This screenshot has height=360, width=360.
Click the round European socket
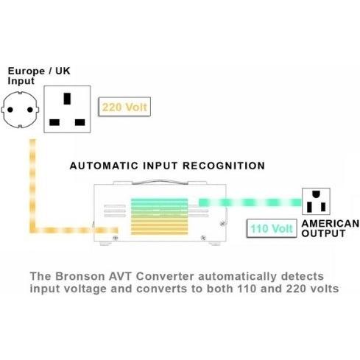point(20,110)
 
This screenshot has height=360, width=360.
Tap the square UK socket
point(67,109)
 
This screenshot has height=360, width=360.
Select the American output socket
point(316,201)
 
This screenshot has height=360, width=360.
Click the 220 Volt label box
point(124,107)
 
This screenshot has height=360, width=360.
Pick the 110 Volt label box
point(272,228)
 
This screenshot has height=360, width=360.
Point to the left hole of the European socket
point(10,110)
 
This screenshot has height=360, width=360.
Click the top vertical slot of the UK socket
point(67,99)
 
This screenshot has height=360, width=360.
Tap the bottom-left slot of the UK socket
point(54,122)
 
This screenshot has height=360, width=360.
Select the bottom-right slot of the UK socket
point(80,122)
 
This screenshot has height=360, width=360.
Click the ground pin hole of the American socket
point(316,194)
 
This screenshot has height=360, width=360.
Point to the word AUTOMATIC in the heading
point(104,166)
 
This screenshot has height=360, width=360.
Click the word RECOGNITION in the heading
point(224,166)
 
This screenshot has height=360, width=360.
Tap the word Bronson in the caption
point(80,276)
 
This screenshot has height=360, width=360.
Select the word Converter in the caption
point(165,276)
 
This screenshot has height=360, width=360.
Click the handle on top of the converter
point(160,182)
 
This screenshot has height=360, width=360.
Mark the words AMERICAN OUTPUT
point(331,228)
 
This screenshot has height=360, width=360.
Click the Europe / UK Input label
point(39,76)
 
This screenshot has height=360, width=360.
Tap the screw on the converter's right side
point(223,224)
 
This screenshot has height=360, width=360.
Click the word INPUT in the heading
point(160,166)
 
